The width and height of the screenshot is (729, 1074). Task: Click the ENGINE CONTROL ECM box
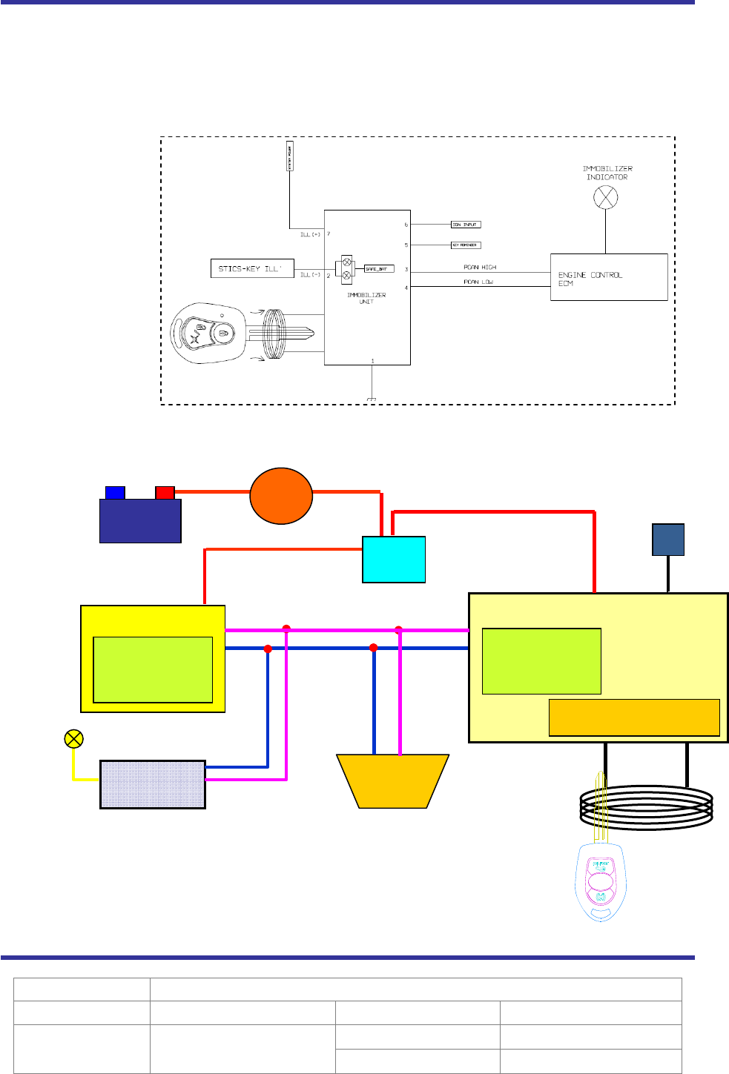(608, 277)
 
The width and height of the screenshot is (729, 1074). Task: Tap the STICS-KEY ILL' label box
(251, 268)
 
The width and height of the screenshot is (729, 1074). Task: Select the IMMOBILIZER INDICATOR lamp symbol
(606, 198)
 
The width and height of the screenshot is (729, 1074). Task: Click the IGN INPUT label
(466, 224)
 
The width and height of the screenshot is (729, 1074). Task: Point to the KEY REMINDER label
(466, 245)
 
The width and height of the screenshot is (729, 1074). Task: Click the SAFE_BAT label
(378, 268)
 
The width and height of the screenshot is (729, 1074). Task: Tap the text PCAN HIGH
(480, 267)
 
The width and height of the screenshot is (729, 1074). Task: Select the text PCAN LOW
(478, 282)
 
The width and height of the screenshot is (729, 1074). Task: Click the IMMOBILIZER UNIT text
(366, 298)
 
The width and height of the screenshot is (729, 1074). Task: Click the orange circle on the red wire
(281, 496)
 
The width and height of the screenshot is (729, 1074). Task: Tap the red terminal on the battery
(165, 493)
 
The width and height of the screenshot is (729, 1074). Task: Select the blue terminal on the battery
(115, 493)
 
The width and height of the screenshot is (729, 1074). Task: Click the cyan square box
(394, 560)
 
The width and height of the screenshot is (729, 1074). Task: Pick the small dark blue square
(668, 540)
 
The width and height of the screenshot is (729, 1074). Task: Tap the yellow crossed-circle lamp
(73, 739)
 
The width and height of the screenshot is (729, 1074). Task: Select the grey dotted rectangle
(153, 784)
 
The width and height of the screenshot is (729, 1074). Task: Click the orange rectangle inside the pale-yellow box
(634, 717)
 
